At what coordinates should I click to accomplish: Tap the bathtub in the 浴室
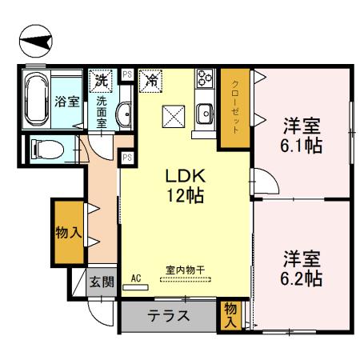(37, 100)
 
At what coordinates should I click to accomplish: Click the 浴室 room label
(66, 102)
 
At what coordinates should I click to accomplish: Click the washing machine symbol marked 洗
(101, 80)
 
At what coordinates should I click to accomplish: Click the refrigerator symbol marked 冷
(151, 80)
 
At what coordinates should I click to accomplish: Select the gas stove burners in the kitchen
(204, 81)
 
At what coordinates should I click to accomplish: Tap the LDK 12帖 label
(184, 185)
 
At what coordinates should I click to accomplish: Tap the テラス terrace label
(169, 315)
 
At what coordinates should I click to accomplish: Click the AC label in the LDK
(135, 277)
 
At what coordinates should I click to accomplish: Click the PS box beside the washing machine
(126, 75)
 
